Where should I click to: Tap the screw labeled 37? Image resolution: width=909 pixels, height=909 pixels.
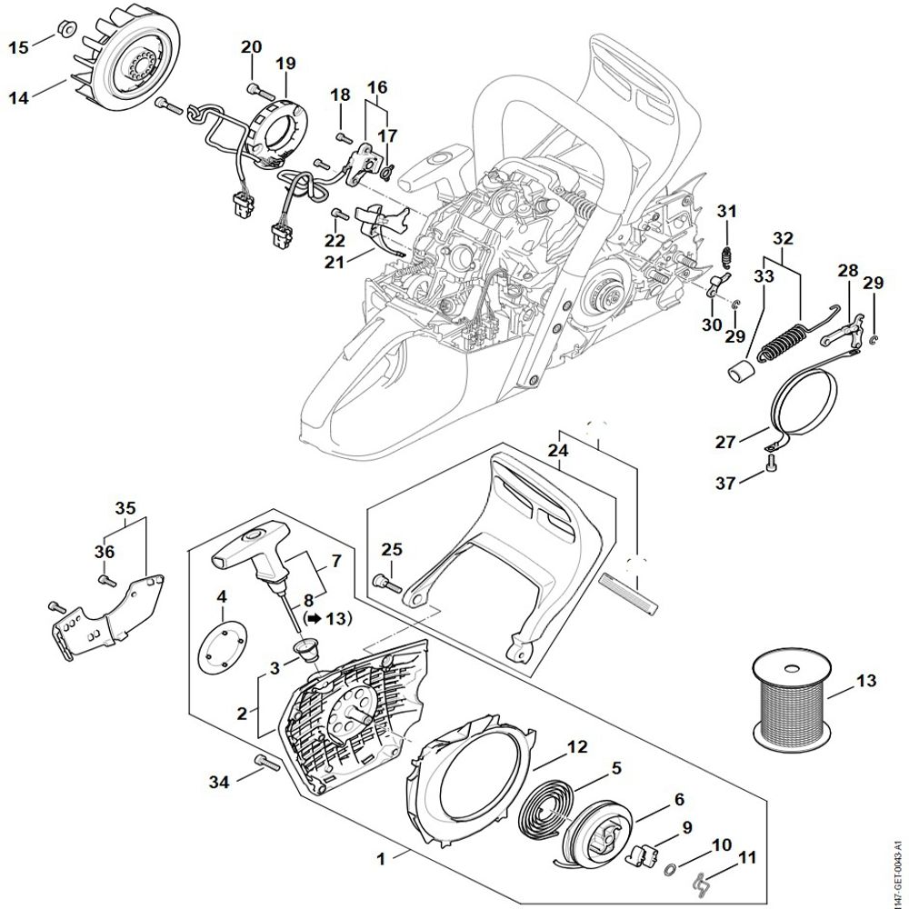pyautogui.click(x=771, y=466)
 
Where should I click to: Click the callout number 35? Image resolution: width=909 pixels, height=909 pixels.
pyautogui.click(x=125, y=507)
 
